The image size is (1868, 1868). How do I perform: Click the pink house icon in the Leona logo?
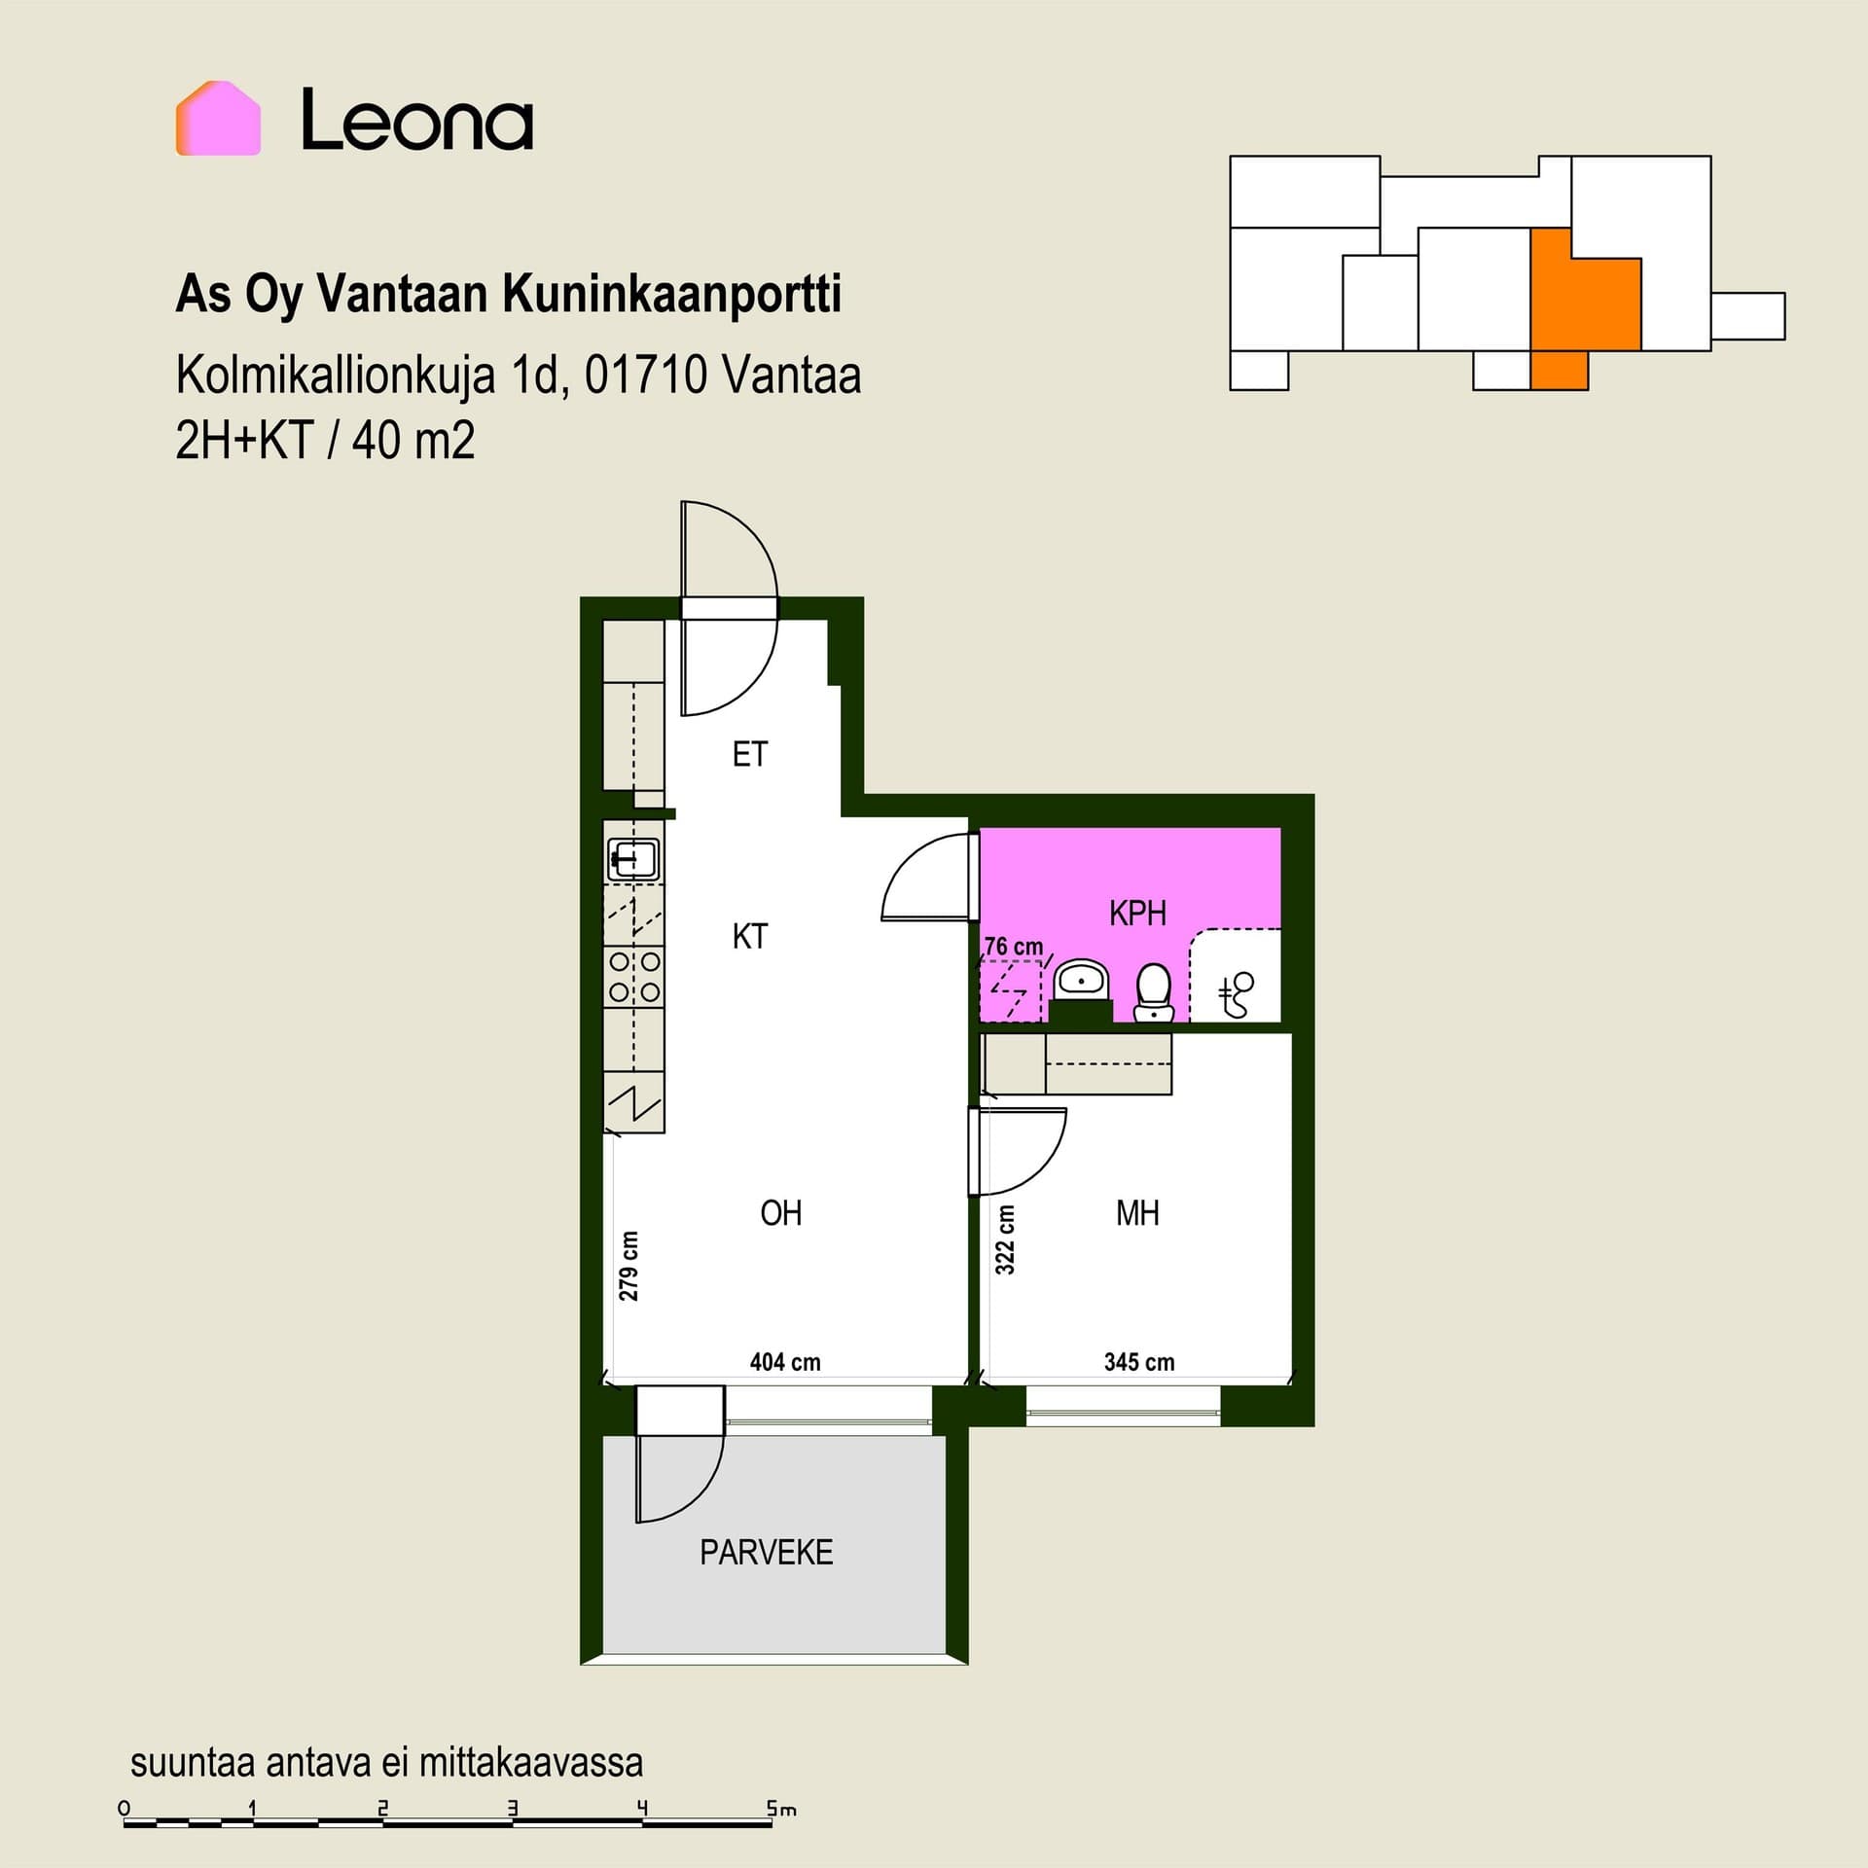218,118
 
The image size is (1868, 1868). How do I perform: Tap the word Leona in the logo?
417,120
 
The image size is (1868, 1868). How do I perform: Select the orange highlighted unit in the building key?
1576,302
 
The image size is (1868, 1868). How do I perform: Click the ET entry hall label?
749,754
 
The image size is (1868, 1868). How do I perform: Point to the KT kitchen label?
749,936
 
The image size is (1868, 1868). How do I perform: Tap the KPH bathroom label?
1137,913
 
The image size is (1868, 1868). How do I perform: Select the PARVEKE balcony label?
766,1552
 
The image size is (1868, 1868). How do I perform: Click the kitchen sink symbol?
634,859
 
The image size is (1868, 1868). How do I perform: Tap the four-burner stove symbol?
634,977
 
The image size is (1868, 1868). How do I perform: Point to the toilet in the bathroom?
1154,992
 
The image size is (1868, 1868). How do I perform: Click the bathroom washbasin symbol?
1081,980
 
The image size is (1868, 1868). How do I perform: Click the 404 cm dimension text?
785,1362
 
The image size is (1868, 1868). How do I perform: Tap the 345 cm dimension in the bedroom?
1139,1362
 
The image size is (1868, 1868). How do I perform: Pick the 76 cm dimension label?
1014,946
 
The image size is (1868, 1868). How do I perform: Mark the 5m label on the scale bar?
781,1809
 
